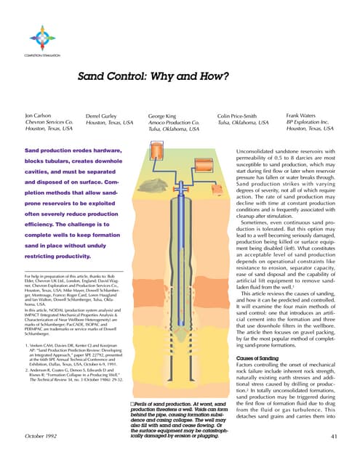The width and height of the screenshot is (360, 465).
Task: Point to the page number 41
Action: click(x=335, y=436)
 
